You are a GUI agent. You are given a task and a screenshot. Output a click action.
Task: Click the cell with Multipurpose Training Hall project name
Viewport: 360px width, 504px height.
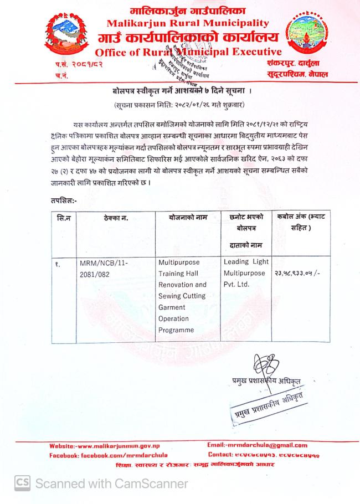click(183, 296)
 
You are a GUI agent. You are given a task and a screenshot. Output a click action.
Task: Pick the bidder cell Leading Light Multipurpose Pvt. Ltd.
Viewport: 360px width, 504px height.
click(245, 273)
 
